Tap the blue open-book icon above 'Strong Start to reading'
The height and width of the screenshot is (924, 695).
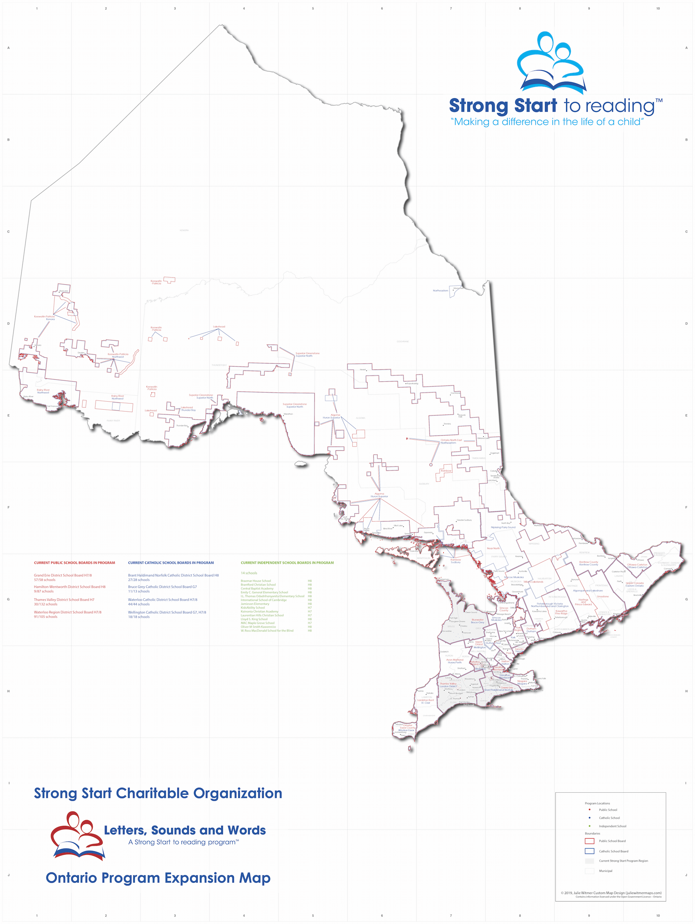(552, 82)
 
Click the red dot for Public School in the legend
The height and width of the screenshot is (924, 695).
(590, 810)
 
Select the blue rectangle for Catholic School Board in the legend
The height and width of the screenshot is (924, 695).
(589, 851)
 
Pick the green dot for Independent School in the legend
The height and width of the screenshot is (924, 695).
(590, 826)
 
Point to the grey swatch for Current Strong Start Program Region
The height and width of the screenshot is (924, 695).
(589, 861)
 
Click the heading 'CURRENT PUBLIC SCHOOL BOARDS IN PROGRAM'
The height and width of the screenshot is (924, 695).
(74, 562)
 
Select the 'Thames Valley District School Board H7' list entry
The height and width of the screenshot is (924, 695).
(64, 599)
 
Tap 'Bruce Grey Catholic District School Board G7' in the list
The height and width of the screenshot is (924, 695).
(162, 586)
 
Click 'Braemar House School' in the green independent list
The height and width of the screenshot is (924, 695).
(256, 581)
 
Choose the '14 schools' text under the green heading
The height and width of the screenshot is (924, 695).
(249, 573)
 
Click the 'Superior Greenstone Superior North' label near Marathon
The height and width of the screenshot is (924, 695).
(294, 405)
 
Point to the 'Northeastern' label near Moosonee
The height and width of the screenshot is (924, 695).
(440, 290)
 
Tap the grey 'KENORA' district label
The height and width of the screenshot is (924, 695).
(184, 230)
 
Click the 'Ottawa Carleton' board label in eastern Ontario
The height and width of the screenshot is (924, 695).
(637, 566)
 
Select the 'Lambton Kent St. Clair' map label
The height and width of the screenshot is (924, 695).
(425, 701)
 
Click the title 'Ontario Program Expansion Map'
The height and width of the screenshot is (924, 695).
(158, 878)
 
